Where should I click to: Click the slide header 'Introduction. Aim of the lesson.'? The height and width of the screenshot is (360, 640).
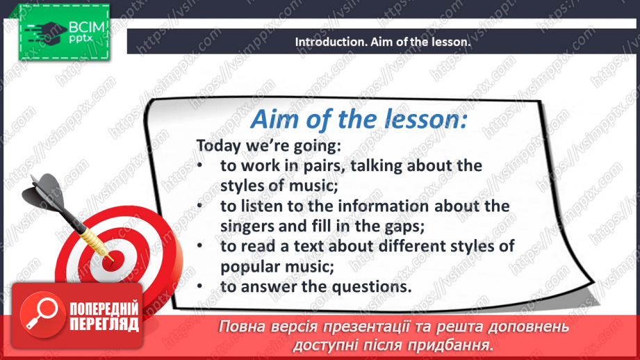[x=383, y=42]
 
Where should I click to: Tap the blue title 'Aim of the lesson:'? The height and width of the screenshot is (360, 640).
[x=359, y=119]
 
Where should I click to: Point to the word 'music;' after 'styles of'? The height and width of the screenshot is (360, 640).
[x=314, y=186]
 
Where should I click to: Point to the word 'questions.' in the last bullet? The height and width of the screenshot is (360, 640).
[x=376, y=287]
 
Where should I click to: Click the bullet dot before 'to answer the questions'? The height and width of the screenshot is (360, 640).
[x=200, y=287]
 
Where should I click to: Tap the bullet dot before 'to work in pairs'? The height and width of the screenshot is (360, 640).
[x=200, y=166]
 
